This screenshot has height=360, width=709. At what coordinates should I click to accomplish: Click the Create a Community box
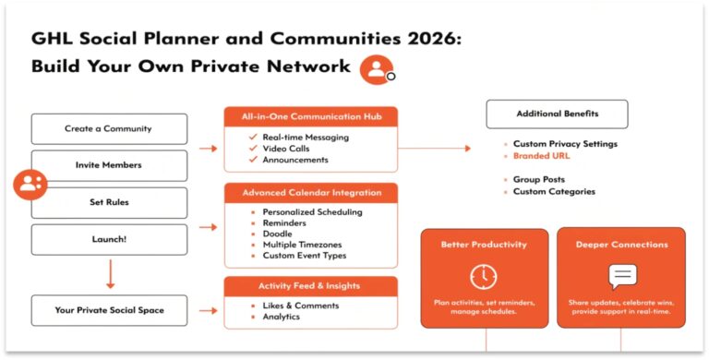109,129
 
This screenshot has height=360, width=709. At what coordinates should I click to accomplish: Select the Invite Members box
109,165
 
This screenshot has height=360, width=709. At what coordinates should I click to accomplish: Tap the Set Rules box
109,202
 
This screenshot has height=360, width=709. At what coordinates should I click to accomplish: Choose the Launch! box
109,239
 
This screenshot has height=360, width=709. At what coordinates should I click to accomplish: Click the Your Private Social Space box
109,310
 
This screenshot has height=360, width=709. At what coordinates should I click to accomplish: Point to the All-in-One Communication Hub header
311,116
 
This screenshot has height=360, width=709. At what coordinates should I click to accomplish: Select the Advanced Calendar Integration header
311,193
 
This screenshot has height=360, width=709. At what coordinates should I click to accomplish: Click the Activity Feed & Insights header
311,286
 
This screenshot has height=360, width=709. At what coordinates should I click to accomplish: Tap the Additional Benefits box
557,114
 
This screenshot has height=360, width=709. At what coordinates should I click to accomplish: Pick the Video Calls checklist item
288,148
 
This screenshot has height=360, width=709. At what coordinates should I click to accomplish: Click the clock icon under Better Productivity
483,276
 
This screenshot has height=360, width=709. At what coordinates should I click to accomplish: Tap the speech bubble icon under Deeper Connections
621,276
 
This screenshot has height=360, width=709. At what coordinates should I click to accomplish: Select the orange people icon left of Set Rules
30,184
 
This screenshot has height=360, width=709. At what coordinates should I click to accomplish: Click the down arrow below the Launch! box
109,273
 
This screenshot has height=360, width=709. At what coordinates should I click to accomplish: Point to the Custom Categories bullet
554,192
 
